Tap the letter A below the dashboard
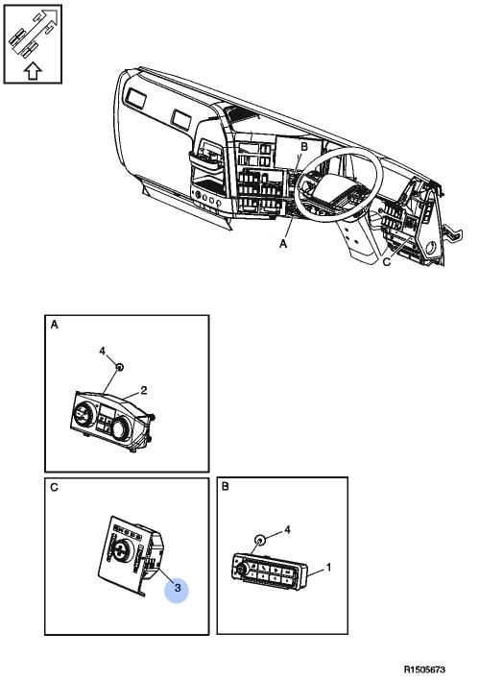point(283,244)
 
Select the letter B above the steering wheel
point(304,147)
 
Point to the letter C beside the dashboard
point(387,262)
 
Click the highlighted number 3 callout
point(177,589)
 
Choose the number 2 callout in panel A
point(144,390)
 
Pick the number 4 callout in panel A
point(103,351)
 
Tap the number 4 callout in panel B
point(287,529)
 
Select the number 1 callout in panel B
point(328,568)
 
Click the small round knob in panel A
point(120,368)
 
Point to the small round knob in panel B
point(260,540)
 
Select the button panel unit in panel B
point(270,572)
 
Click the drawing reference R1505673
point(424,669)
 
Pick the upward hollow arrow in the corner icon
point(33,71)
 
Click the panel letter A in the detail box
point(54,325)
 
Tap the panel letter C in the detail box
point(54,487)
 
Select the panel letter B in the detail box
point(226,486)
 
